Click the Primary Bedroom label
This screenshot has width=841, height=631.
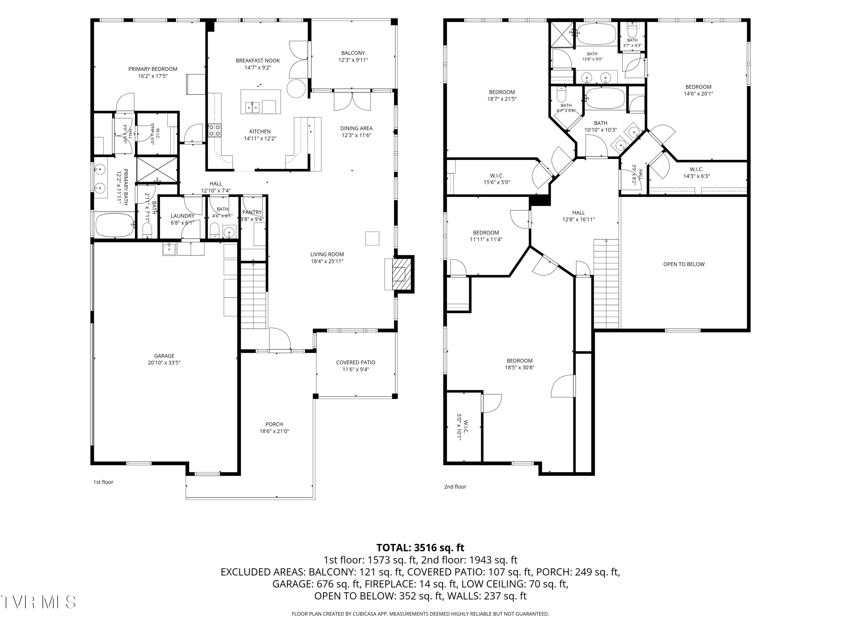(153, 69)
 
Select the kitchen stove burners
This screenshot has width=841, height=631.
(214, 130)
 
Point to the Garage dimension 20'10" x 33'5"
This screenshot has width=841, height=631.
(164, 362)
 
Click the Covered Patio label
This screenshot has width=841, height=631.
(355, 362)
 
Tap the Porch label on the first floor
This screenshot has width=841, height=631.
(274, 424)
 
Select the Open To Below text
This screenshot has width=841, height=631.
(684, 264)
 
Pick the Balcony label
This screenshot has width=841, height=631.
(353, 53)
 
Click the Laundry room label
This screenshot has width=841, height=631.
(182, 216)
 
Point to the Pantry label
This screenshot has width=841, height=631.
(252, 212)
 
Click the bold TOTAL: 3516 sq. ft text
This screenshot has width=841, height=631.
(420, 548)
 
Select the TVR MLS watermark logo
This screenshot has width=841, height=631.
(38, 602)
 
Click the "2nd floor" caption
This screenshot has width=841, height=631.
(455, 487)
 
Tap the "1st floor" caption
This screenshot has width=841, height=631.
(103, 482)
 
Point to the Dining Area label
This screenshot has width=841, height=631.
(356, 128)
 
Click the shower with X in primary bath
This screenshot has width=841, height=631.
(157, 170)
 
